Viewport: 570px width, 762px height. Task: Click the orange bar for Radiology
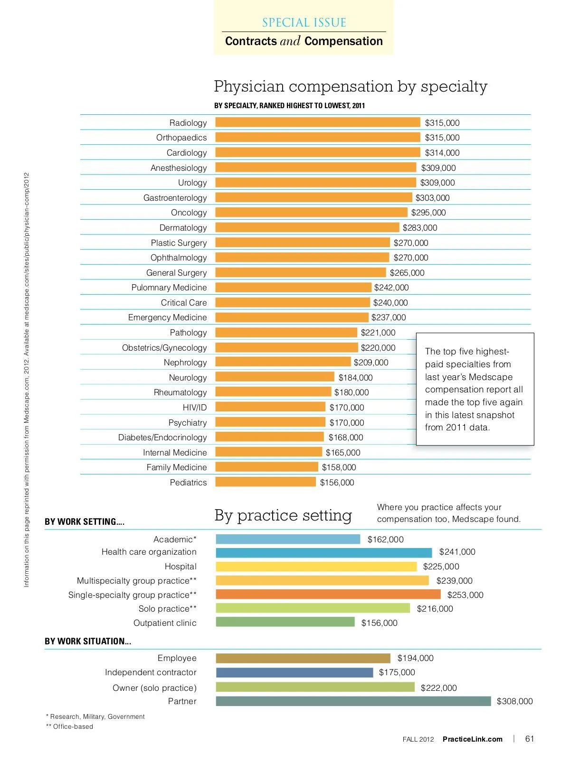tap(317, 122)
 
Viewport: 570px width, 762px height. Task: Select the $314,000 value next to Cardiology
tap(442, 153)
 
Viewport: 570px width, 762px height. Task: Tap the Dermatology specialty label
tap(183, 228)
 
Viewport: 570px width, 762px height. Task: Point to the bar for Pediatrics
tap(265, 482)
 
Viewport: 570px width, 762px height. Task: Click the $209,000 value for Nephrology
tap(370, 362)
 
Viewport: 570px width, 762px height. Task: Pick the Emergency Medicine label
tap(167, 317)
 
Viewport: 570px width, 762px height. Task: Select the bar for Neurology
tap(275, 377)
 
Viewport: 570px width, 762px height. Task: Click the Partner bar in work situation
tap(353, 701)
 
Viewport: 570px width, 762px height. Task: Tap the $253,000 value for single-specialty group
tap(465, 595)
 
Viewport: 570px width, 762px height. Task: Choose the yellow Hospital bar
tap(316, 567)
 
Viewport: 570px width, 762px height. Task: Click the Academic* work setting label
tap(175, 539)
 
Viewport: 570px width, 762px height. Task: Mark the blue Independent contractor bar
tap(294, 672)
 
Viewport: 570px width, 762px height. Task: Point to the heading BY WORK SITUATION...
tap(88, 641)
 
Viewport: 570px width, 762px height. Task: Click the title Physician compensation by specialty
tap(351, 86)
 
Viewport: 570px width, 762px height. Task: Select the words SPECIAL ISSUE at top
tap(304, 22)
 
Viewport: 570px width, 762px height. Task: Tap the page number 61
tap(530, 739)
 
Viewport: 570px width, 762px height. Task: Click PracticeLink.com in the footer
tap(472, 739)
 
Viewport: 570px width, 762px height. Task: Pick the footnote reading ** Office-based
tap(69, 726)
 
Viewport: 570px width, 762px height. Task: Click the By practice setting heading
tap(283, 515)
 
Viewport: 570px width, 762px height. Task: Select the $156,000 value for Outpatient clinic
tap(379, 623)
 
